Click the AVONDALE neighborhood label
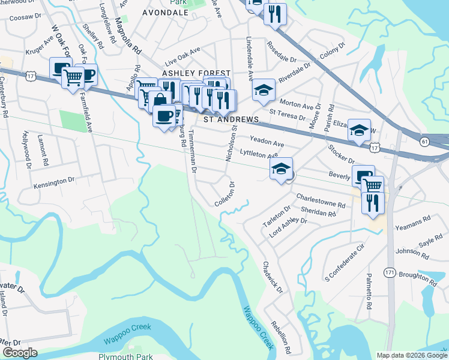point(165,12)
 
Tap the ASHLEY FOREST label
point(196,73)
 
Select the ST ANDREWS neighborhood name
point(231,119)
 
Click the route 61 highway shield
point(424,141)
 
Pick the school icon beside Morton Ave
point(264,90)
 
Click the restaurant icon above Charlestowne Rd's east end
point(373,202)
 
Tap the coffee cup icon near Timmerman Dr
point(164,115)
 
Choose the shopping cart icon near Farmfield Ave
point(73,76)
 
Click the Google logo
point(20,353)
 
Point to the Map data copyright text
point(411,355)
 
